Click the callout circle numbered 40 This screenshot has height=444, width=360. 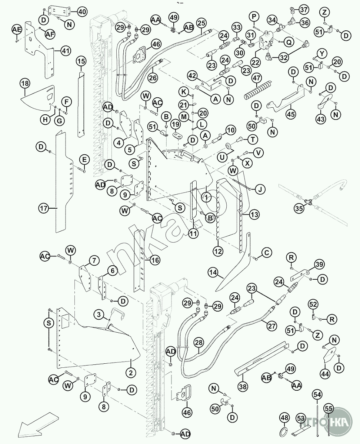(x=82, y=11)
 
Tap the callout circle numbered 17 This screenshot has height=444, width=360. (x=43, y=208)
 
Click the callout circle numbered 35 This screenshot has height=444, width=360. (x=299, y=209)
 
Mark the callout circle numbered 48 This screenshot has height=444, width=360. (x=284, y=418)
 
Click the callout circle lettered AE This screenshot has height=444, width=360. (x=17, y=29)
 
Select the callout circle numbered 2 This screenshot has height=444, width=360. (x=130, y=373)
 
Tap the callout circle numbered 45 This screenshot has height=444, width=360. (x=291, y=114)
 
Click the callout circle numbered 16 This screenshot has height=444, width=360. (x=155, y=260)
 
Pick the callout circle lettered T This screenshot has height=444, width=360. (x=253, y=139)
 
